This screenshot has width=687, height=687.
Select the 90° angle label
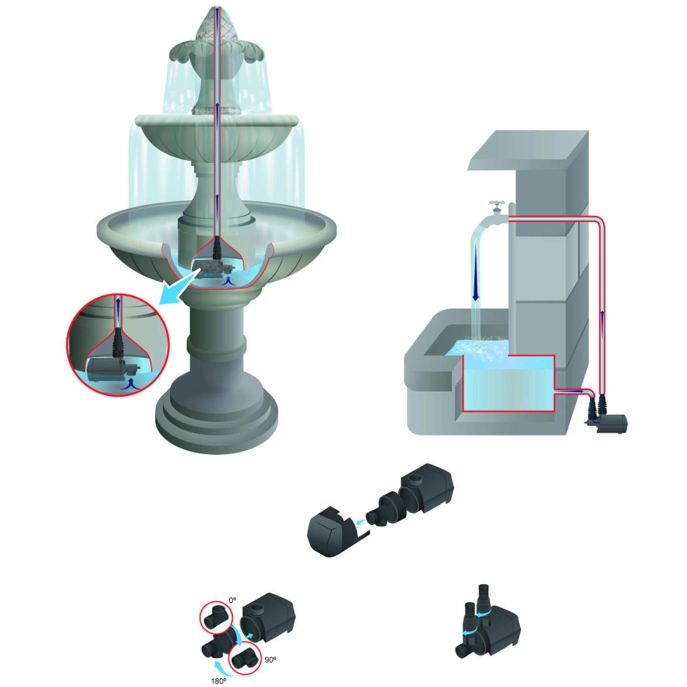click(x=270, y=660)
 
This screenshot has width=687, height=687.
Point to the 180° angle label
click(x=218, y=681)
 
